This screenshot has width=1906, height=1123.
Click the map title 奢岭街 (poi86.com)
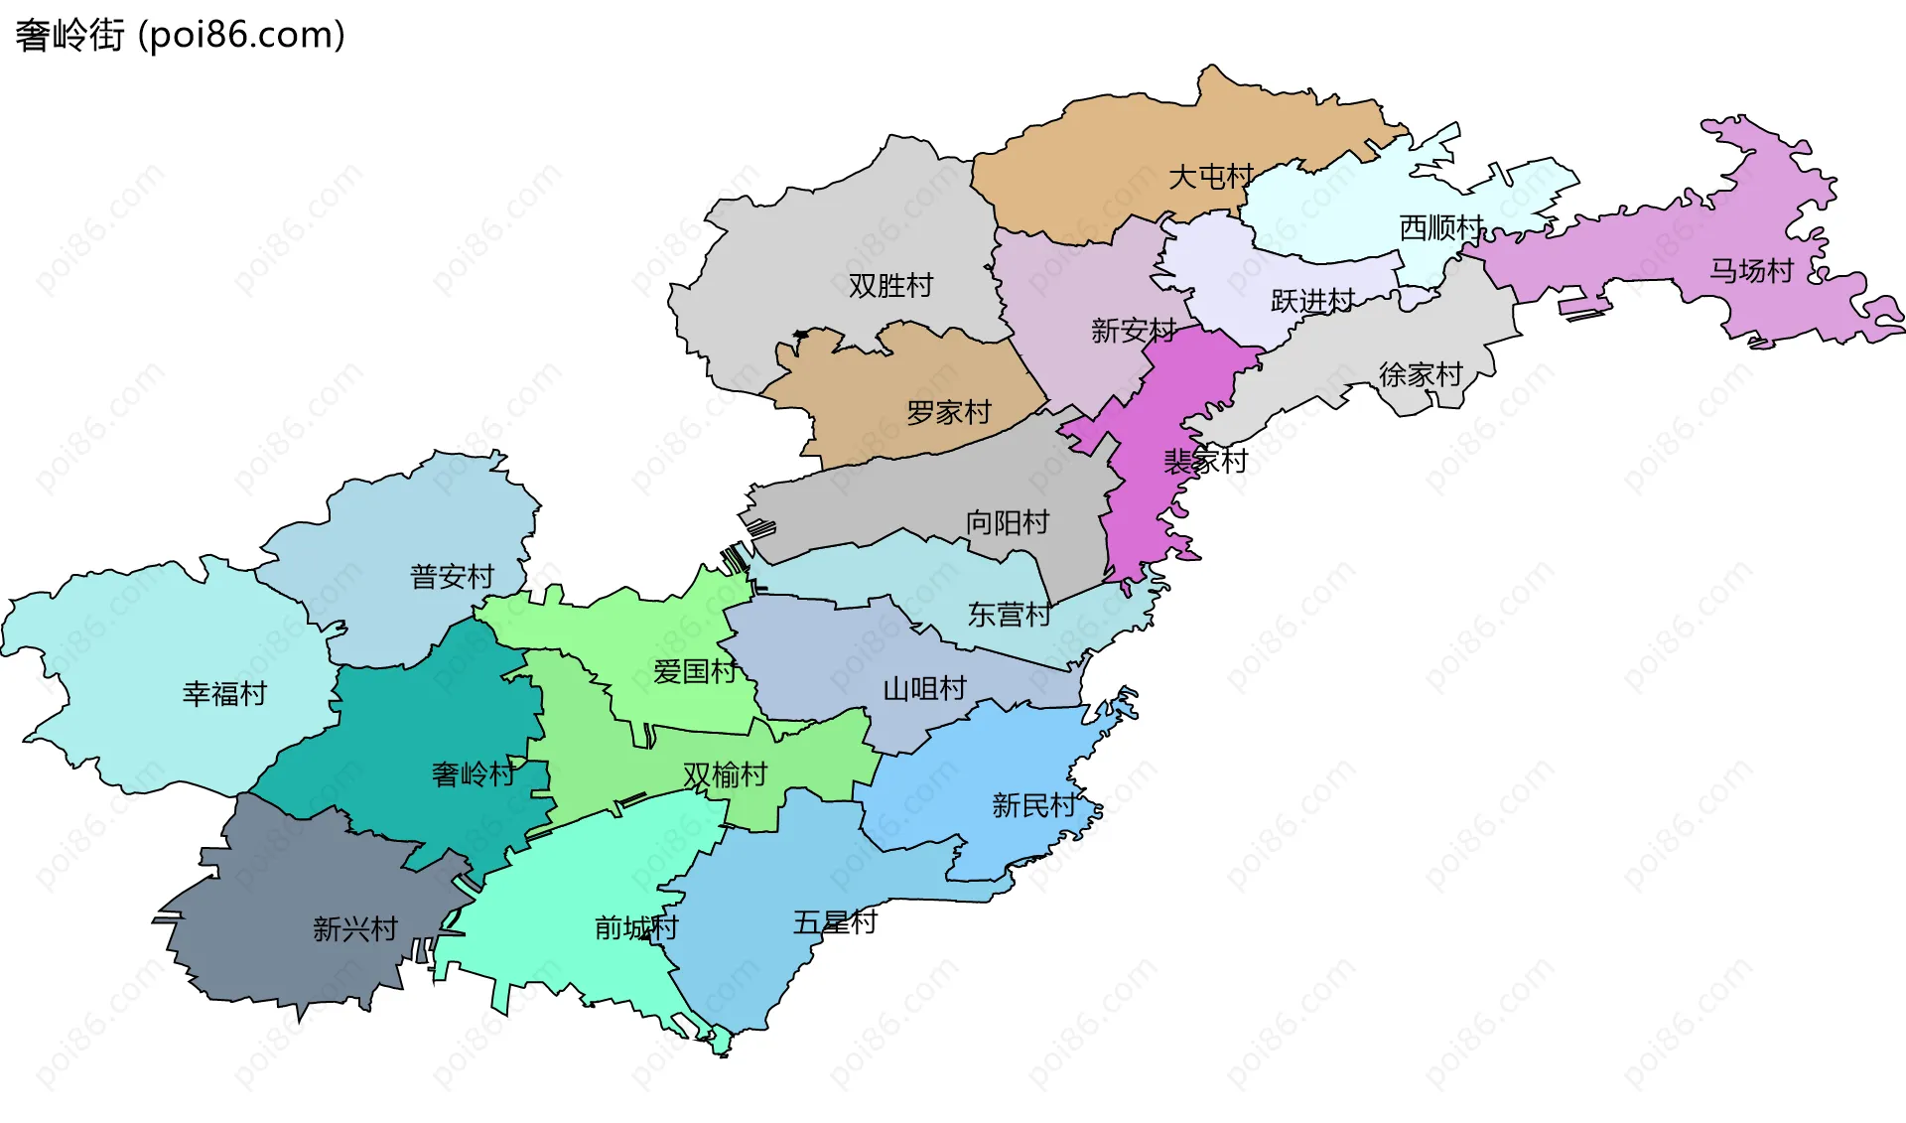pos(180,35)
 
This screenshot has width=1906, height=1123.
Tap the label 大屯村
pos(1210,177)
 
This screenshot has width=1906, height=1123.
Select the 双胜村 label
pos(890,286)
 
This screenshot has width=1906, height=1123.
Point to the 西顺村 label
pos(1440,228)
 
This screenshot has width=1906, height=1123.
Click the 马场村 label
pos(1750,271)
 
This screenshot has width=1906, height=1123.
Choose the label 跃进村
pos(1312,301)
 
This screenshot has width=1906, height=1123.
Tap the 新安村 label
pos(1133,331)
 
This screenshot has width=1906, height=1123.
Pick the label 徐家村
pos(1421,374)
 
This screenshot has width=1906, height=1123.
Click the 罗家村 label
pos(949,412)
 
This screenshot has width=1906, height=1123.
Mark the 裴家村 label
pos(1205,461)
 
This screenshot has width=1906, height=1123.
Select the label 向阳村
pos(1008,522)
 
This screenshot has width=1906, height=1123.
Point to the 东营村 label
pos(1010,615)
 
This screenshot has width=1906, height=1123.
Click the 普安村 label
pos(452,577)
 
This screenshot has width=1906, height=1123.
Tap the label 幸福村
pos(224,693)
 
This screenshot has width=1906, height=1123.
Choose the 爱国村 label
pos(695,672)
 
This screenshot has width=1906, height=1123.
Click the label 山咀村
pos(924,688)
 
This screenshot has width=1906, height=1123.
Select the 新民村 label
pos(1033,805)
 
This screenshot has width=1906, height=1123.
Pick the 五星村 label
pos(835,922)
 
